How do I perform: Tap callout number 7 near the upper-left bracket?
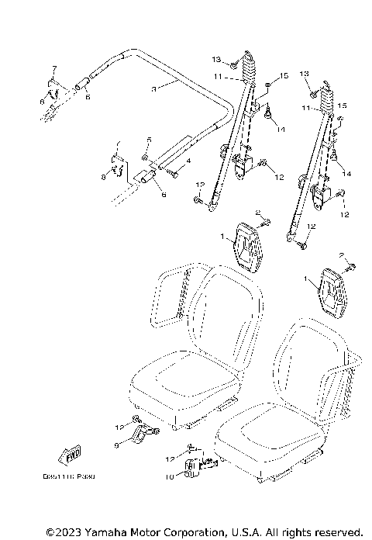(54, 68)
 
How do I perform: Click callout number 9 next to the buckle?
(117, 445)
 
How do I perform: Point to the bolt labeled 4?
(172, 172)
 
